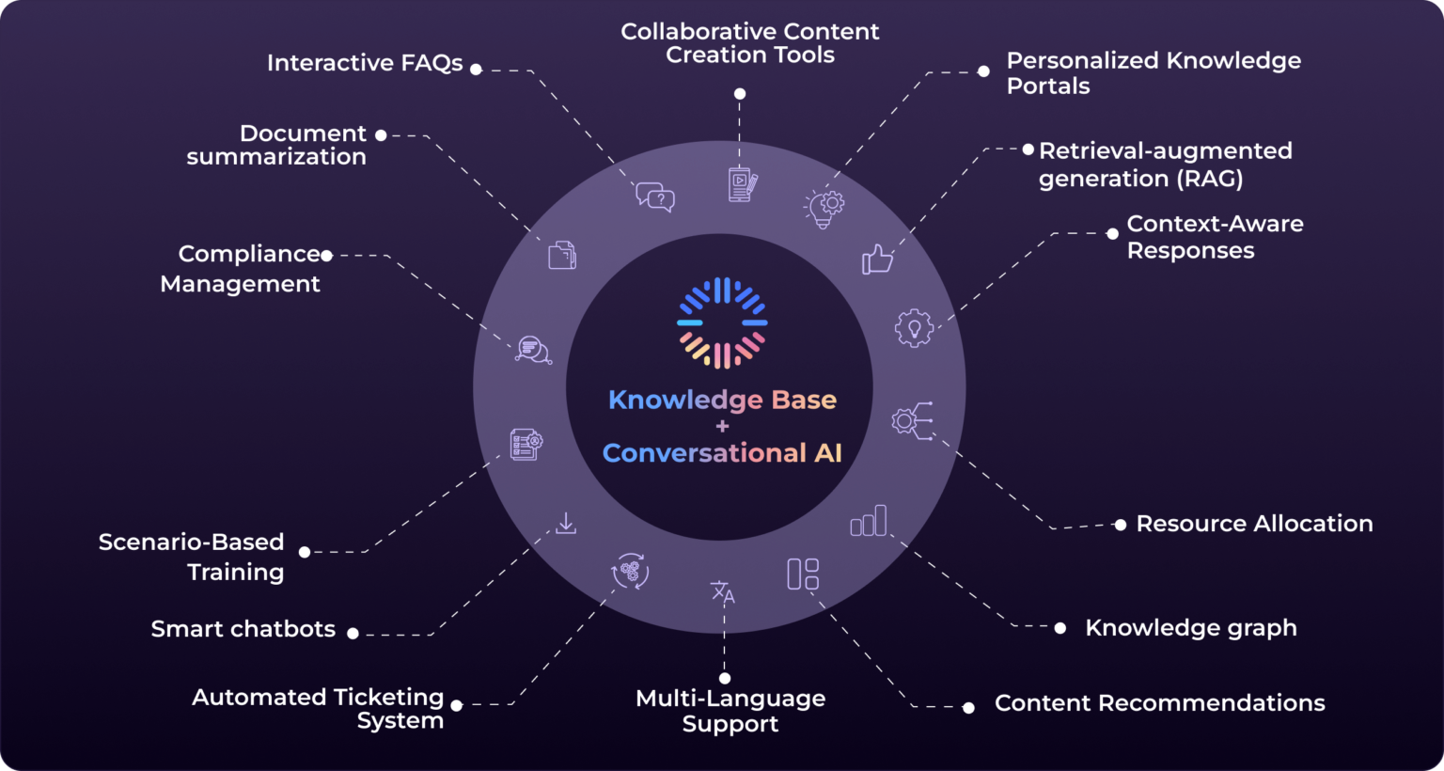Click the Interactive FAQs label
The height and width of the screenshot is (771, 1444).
click(365, 63)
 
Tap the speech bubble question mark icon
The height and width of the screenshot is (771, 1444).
click(655, 197)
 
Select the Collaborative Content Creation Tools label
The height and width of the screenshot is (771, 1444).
click(749, 43)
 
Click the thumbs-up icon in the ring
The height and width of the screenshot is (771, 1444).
click(877, 259)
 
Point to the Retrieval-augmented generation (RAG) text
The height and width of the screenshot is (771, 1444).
click(1165, 165)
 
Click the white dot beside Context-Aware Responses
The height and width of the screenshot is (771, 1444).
click(1112, 234)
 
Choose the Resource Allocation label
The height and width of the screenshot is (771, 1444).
click(1254, 524)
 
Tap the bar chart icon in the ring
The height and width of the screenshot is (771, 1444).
click(868, 520)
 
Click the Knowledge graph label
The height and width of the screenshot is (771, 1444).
click(1190, 628)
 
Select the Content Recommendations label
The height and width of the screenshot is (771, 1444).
click(1159, 703)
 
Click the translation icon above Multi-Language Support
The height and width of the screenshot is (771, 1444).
click(722, 592)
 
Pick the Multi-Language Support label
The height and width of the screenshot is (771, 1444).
click(730, 711)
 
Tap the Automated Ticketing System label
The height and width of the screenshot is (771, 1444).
click(318, 709)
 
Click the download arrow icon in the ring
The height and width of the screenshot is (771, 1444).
click(566, 523)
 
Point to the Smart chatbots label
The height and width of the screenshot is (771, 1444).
click(243, 629)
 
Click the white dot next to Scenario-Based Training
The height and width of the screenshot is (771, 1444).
click(305, 552)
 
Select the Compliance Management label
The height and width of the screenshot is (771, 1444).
click(241, 269)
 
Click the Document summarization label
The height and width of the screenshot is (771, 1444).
click(276, 145)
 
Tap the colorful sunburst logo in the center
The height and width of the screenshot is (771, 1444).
click(722, 323)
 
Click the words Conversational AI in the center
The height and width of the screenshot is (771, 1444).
click(722, 453)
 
